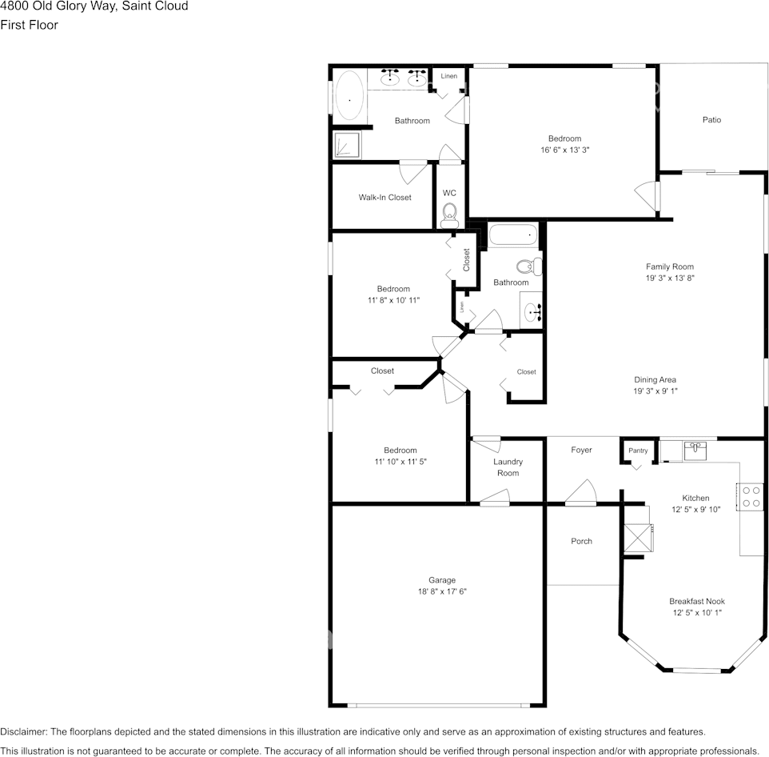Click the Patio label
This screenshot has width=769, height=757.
click(711, 120)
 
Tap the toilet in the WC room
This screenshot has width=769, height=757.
click(449, 213)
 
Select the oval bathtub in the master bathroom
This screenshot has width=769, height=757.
click(349, 97)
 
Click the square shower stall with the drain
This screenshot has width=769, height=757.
click(347, 145)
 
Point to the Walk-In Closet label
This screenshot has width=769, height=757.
click(384, 197)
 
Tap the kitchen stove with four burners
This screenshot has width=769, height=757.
click(751, 497)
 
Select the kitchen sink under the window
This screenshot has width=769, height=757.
click(694, 451)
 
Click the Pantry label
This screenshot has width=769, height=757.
click(638, 451)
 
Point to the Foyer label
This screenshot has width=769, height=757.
click(581, 450)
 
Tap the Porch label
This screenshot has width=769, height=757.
click(581, 541)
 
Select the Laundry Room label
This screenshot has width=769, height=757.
click(508, 467)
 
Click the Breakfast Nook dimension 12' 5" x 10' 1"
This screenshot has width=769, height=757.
click(697, 613)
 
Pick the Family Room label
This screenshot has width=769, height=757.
click(670, 266)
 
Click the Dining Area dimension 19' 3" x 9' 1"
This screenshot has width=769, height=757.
click(655, 391)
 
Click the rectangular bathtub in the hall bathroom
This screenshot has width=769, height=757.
click(512, 236)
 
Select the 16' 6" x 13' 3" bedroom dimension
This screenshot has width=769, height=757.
click(564, 150)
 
